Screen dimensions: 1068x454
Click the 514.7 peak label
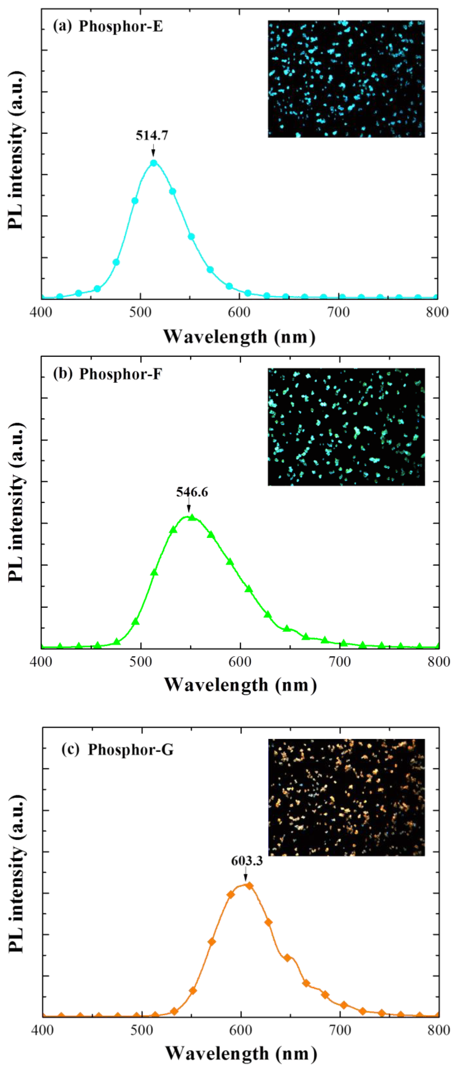click(x=152, y=135)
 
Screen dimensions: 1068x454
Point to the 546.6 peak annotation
click(x=192, y=492)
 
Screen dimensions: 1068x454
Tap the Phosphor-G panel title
click(x=118, y=750)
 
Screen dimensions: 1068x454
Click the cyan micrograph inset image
click(x=346, y=79)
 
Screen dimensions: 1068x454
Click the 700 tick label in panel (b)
click(x=340, y=662)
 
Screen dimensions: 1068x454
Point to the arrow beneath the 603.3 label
click(x=246, y=875)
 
